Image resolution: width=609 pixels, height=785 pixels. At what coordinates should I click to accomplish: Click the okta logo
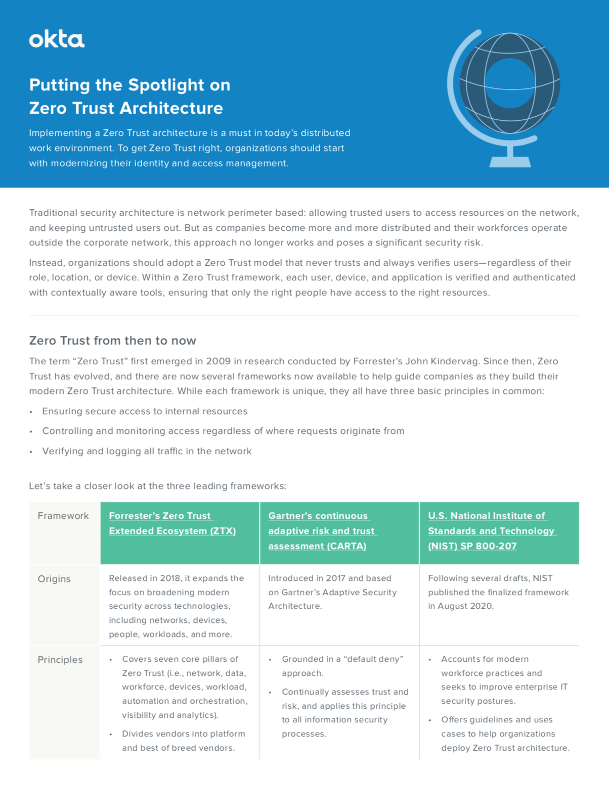coord(57,39)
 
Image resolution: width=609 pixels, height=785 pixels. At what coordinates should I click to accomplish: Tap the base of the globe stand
coord(510,162)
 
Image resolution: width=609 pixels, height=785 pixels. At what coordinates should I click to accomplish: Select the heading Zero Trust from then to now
coord(112,340)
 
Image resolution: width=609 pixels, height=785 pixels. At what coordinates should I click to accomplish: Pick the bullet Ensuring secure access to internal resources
coord(145,411)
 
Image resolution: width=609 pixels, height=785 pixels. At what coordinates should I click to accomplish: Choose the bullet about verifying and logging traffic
coord(147,451)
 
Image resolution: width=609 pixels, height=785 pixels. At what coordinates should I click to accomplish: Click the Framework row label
coord(63,516)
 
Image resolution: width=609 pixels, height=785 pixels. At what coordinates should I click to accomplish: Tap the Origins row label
coord(54,579)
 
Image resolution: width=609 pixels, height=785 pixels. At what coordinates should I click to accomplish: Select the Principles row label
coord(60,660)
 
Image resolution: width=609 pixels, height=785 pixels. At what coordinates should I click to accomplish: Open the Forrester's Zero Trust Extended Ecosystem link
coord(172,523)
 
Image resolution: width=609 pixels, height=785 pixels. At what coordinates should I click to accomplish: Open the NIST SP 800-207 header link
coord(491,531)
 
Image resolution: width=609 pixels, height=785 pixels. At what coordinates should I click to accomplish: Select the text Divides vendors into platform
coord(183,734)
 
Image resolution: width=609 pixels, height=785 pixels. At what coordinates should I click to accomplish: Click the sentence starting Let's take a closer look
coord(157,486)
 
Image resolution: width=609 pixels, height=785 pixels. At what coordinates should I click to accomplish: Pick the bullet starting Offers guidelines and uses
coord(497,720)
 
